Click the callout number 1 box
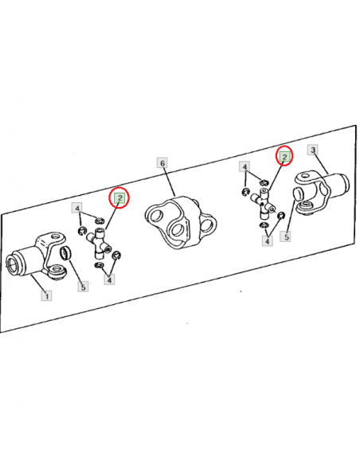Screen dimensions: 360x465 (46, 295)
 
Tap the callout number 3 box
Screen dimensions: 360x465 (313, 150)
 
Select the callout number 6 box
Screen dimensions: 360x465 (162, 163)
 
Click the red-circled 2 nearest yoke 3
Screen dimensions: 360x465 (284, 156)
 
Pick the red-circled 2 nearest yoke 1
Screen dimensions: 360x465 (119, 197)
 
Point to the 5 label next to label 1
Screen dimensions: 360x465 (83, 287)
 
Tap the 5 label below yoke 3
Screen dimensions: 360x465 (286, 236)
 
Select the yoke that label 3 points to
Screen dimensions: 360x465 (323, 192)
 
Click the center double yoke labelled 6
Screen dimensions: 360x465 (181, 222)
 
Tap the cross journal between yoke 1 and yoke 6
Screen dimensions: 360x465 (99, 242)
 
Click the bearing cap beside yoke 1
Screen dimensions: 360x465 (66, 253)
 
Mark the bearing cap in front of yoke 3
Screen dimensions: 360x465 (297, 193)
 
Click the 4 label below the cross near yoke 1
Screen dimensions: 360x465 (109, 279)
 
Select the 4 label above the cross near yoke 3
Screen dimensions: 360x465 (245, 167)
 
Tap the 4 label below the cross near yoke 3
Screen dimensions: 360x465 (267, 240)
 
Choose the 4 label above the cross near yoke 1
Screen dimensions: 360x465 (77, 209)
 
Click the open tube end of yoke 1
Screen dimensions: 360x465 (13, 264)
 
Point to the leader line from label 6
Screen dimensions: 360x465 (168, 182)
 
